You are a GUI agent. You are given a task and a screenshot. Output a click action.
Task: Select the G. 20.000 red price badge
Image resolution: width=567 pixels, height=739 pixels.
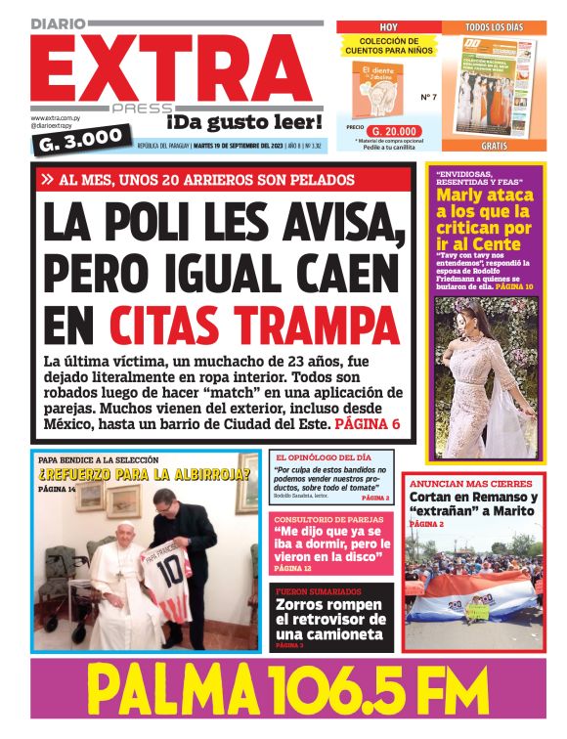coord(396,130)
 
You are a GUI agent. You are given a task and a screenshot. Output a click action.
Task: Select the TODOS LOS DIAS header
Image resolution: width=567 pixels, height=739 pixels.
coord(495,26)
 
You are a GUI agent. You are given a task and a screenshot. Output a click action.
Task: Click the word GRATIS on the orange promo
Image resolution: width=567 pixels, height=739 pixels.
coord(495,145)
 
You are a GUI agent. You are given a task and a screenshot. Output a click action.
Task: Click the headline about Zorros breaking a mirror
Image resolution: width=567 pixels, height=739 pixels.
coord(333,619)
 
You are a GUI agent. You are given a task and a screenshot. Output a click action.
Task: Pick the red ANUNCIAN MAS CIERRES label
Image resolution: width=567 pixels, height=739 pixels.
coord(458,483)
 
